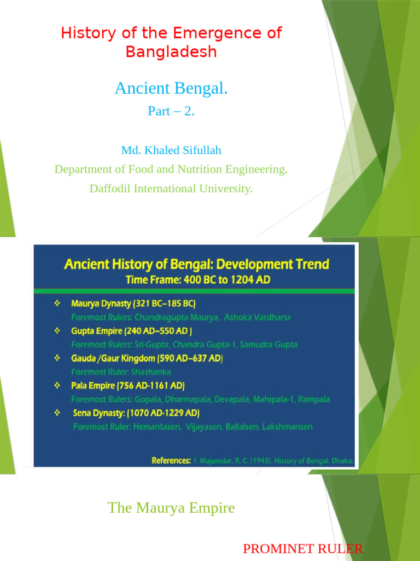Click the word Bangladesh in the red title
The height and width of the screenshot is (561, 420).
pos(171,51)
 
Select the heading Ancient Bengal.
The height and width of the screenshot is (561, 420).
pos(171,88)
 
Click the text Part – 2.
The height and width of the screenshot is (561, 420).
pos(171,111)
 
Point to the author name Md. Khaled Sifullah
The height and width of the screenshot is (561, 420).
pos(171,150)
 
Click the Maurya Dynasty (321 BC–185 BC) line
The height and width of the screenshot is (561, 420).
pos(133,304)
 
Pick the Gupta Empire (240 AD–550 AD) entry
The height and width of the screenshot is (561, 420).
pos(131,331)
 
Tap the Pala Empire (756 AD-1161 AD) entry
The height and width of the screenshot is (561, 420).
pos(128,386)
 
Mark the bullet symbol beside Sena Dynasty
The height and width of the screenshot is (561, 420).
pos(57,413)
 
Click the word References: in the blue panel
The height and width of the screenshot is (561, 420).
pos(171,461)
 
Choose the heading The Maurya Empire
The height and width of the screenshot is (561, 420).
pos(171,508)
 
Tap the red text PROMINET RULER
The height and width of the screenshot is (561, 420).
pos(302,549)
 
